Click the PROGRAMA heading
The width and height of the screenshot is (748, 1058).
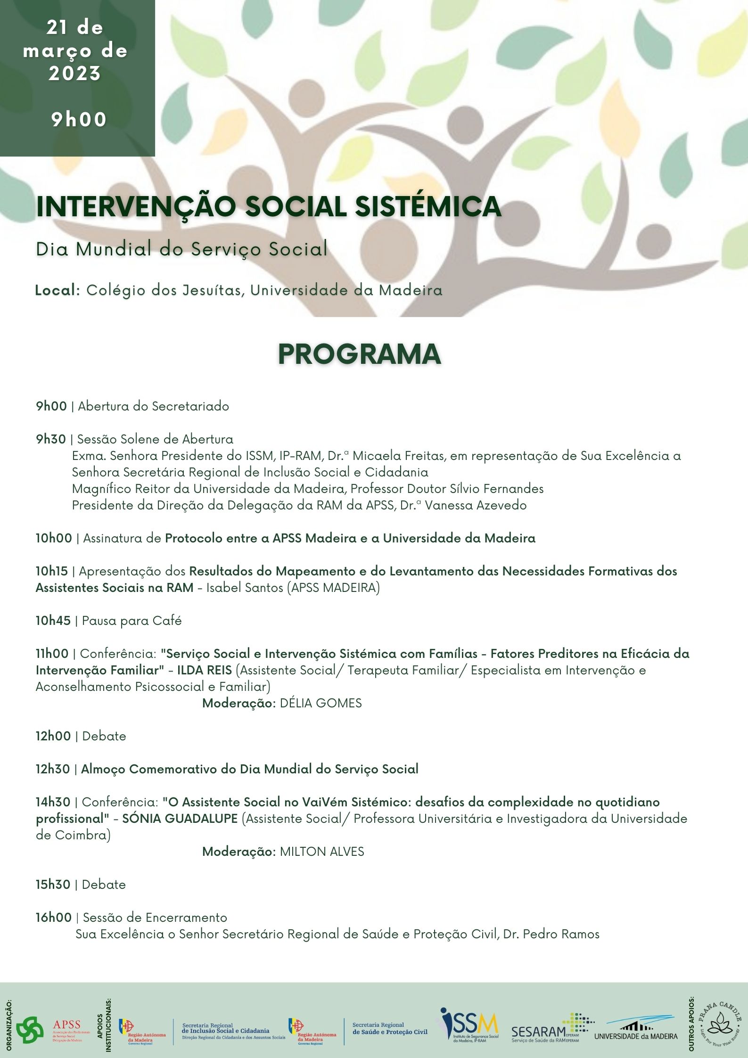pos(359,354)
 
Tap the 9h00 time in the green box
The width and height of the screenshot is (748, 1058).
pos(79,120)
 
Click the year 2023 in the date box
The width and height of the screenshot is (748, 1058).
pos(75,73)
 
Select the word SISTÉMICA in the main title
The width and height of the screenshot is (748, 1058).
pos(427,206)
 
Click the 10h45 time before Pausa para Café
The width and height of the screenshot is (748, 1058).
pos(53,621)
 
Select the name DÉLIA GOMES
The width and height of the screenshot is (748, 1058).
pos(321,703)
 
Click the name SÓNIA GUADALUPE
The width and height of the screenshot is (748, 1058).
pos(180,819)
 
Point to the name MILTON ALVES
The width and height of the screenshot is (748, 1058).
pos(322,852)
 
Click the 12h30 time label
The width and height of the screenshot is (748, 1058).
pos(53,769)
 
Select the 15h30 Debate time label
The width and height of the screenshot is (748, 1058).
pos(53,885)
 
